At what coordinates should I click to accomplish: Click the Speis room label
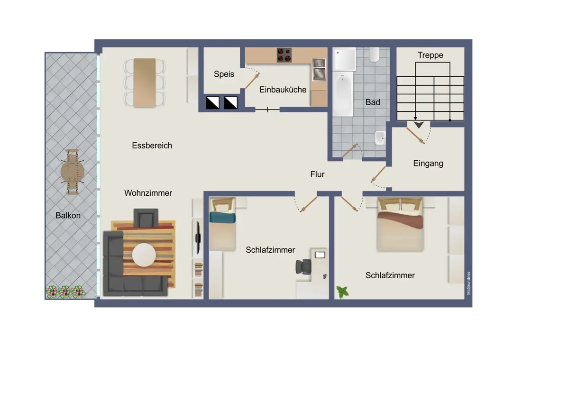(224, 74)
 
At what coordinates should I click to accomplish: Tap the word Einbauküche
(283, 90)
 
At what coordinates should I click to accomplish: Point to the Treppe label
(431, 55)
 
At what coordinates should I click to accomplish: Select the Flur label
(317, 174)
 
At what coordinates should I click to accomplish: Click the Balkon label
(68, 216)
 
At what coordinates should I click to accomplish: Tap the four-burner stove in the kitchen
(284, 55)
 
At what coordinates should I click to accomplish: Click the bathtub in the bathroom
(343, 94)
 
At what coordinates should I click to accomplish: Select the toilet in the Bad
(374, 55)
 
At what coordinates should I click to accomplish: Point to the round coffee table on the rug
(144, 255)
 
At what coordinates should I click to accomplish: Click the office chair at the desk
(303, 266)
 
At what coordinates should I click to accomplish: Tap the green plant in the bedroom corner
(343, 292)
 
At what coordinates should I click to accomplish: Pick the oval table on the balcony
(73, 172)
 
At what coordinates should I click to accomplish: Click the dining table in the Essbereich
(145, 83)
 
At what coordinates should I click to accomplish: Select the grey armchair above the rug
(146, 218)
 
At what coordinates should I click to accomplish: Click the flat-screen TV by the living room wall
(198, 238)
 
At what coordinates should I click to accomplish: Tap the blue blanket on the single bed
(222, 218)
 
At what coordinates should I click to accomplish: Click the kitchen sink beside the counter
(319, 70)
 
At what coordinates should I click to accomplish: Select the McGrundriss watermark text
(468, 283)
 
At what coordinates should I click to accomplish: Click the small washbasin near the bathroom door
(380, 138)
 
